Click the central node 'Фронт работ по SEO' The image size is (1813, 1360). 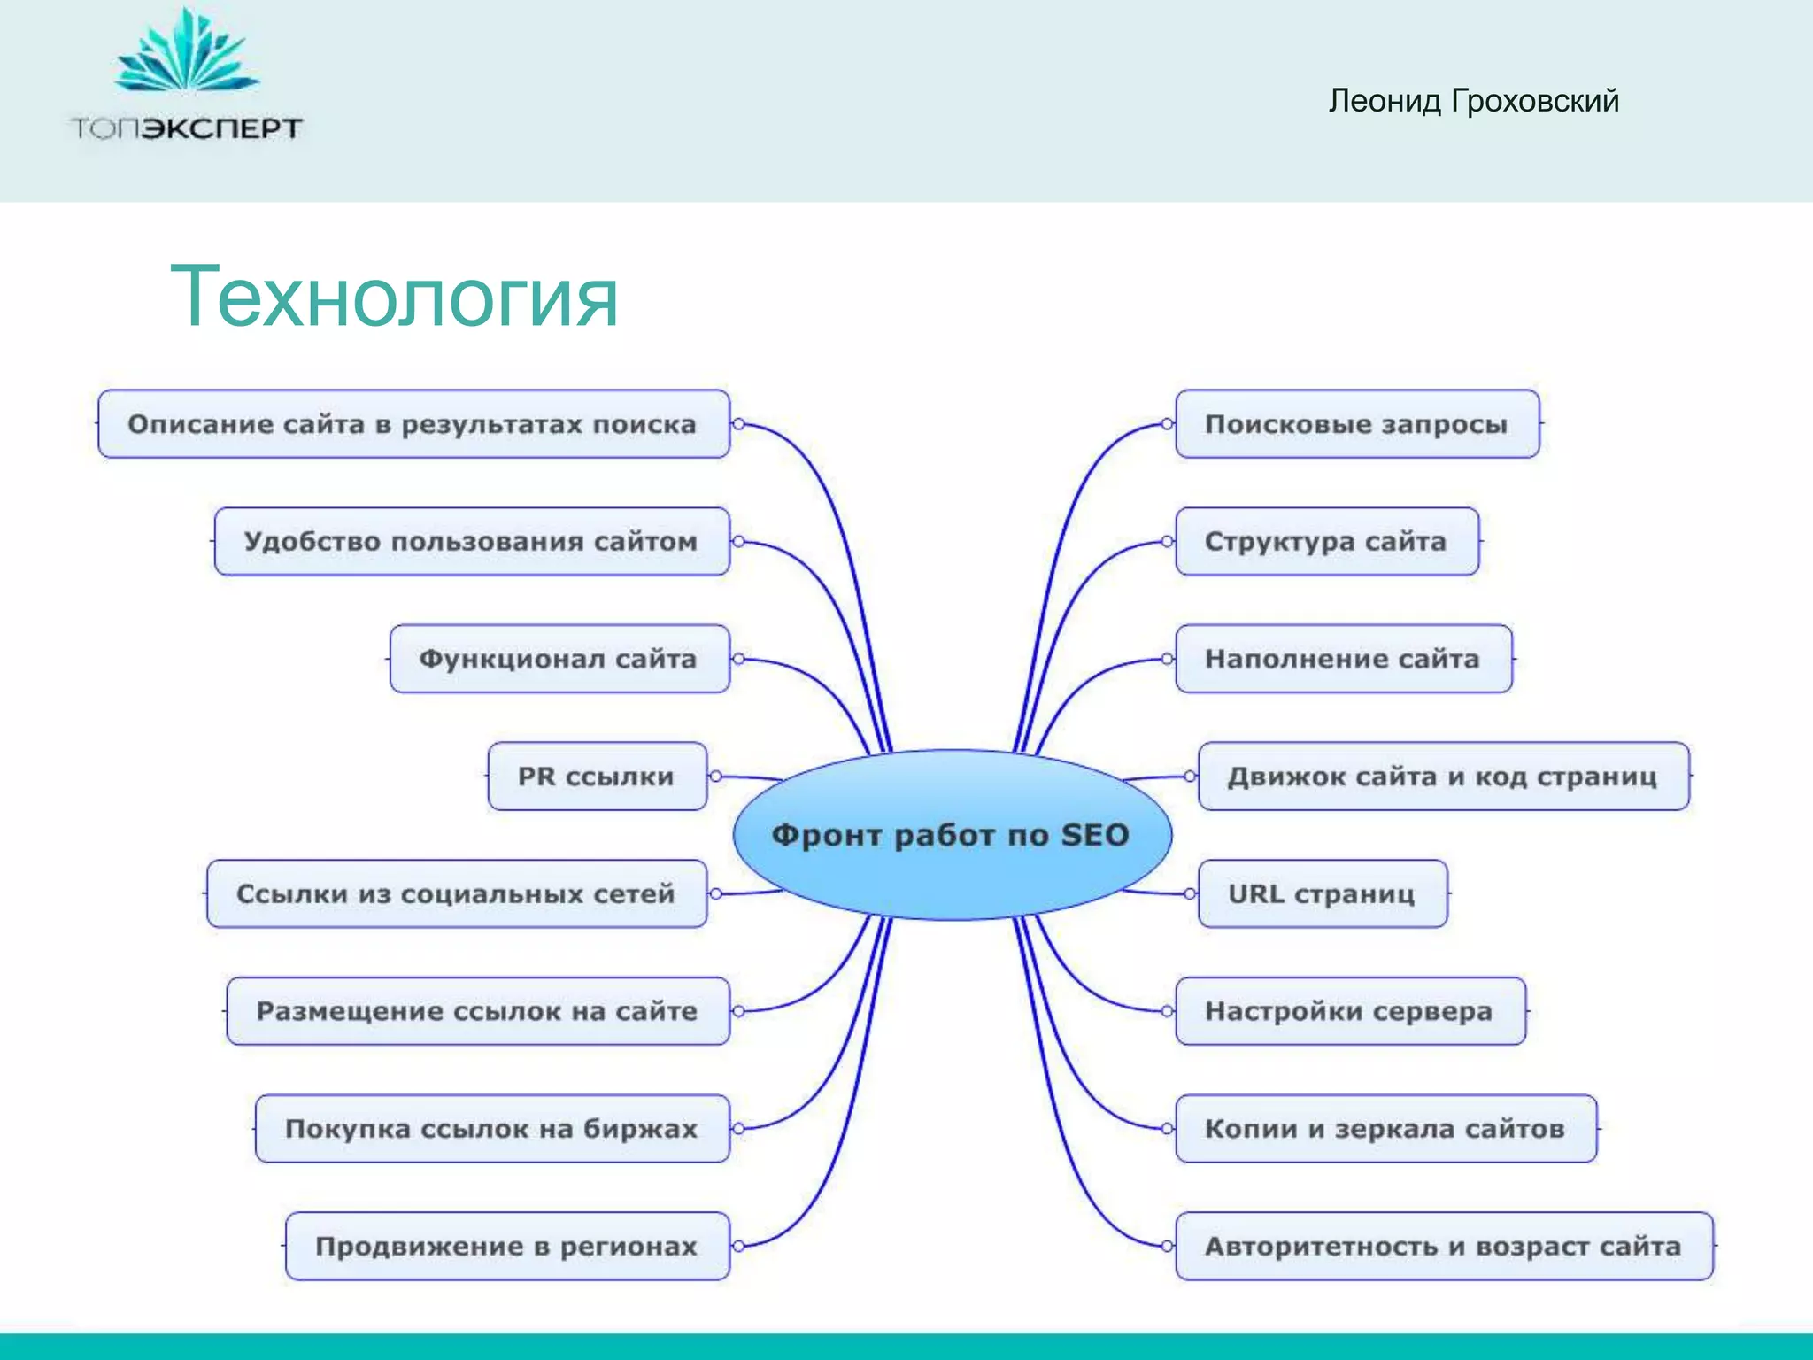[x=952, y=834]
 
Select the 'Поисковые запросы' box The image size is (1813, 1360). [x=1356, y=424]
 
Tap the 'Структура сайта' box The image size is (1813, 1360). [x=1326, y=541]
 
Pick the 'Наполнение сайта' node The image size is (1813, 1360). [x=1343, y=659]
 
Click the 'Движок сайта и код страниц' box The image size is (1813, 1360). [x=1443, y=777]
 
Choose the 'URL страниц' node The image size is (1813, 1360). [x=1323, y=893]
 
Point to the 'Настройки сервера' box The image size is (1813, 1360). [x=1349, y=1011]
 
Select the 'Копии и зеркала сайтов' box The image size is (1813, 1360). [x=1385, y=1129]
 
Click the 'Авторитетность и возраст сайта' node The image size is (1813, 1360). [x=1443, y=1246]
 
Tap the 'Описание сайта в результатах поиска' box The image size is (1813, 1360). [x=413, y=424]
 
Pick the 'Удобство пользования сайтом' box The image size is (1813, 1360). [x=471, y=541]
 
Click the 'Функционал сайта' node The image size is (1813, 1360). [x=559, y=659]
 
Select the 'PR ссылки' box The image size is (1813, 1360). [x=597, y=777]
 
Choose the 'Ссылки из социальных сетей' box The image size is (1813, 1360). [x=456, y=893]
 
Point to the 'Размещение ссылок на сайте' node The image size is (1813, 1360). [x=477, y=1011]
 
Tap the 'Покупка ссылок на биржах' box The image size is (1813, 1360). [x=491, y=1129]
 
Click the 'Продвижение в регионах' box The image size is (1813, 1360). [x=506, y=1246]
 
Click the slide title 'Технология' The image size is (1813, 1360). [x=394, y=297]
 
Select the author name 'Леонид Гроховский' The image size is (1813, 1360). [x=1473, y=101]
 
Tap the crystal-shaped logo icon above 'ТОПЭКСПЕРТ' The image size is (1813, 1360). [x=187, y=53]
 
